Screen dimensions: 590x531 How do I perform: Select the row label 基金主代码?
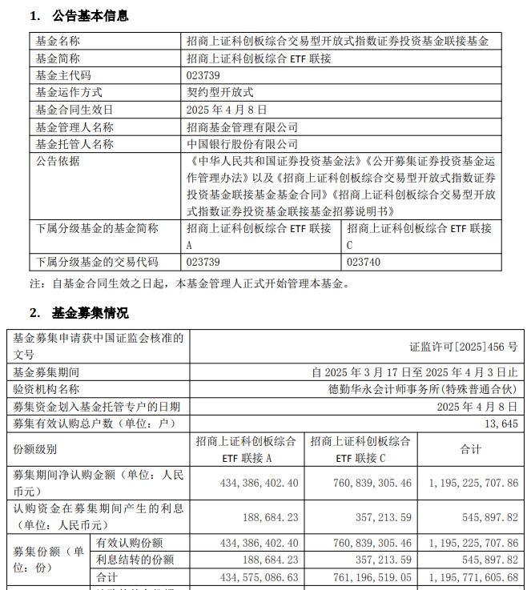(x=63, y=75)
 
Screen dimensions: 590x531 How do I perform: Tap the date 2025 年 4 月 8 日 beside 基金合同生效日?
(x=227, y=110)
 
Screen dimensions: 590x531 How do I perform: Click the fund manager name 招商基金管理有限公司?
(x=242, y=127)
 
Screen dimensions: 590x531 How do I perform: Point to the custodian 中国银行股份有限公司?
(x=242, y=144)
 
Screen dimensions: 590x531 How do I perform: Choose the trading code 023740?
(x=364, y=262)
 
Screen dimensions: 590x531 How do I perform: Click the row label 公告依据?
(x=58, y=162)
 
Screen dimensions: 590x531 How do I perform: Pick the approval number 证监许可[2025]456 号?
(x=464, y=347)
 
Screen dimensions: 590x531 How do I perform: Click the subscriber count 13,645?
(x=501, y=423)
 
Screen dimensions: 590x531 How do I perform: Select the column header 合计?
(x=470, y=450)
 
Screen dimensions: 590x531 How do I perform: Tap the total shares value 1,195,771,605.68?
(x=473, y=576)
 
